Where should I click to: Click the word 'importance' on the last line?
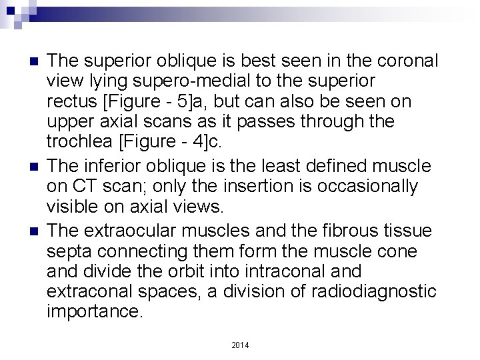tap(92, 311)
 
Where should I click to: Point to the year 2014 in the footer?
tap(240, 345)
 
